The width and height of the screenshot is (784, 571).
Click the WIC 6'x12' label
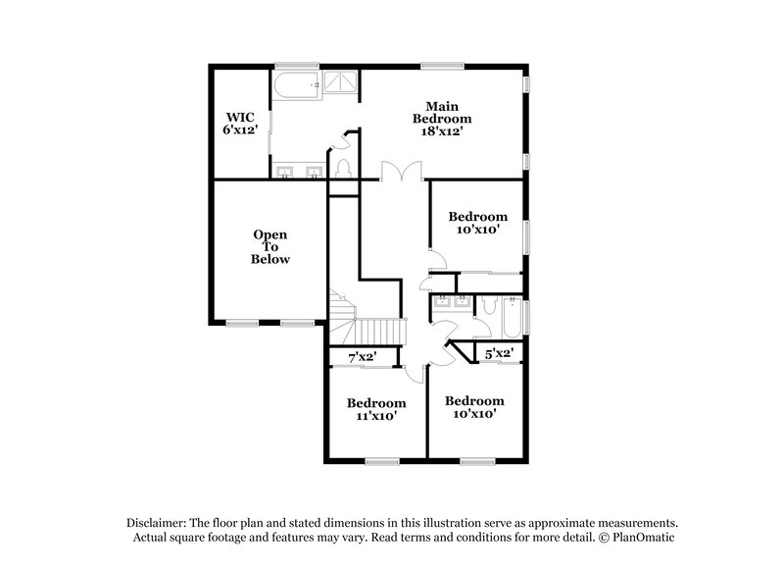[x=241, y=123]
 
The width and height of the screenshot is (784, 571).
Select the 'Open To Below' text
[x=270, y=247]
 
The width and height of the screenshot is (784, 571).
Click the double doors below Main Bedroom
[x=402, y=171]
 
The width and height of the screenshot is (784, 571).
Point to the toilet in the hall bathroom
[x=483, y=305]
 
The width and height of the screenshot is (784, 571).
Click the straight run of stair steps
[x=378, y=330]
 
